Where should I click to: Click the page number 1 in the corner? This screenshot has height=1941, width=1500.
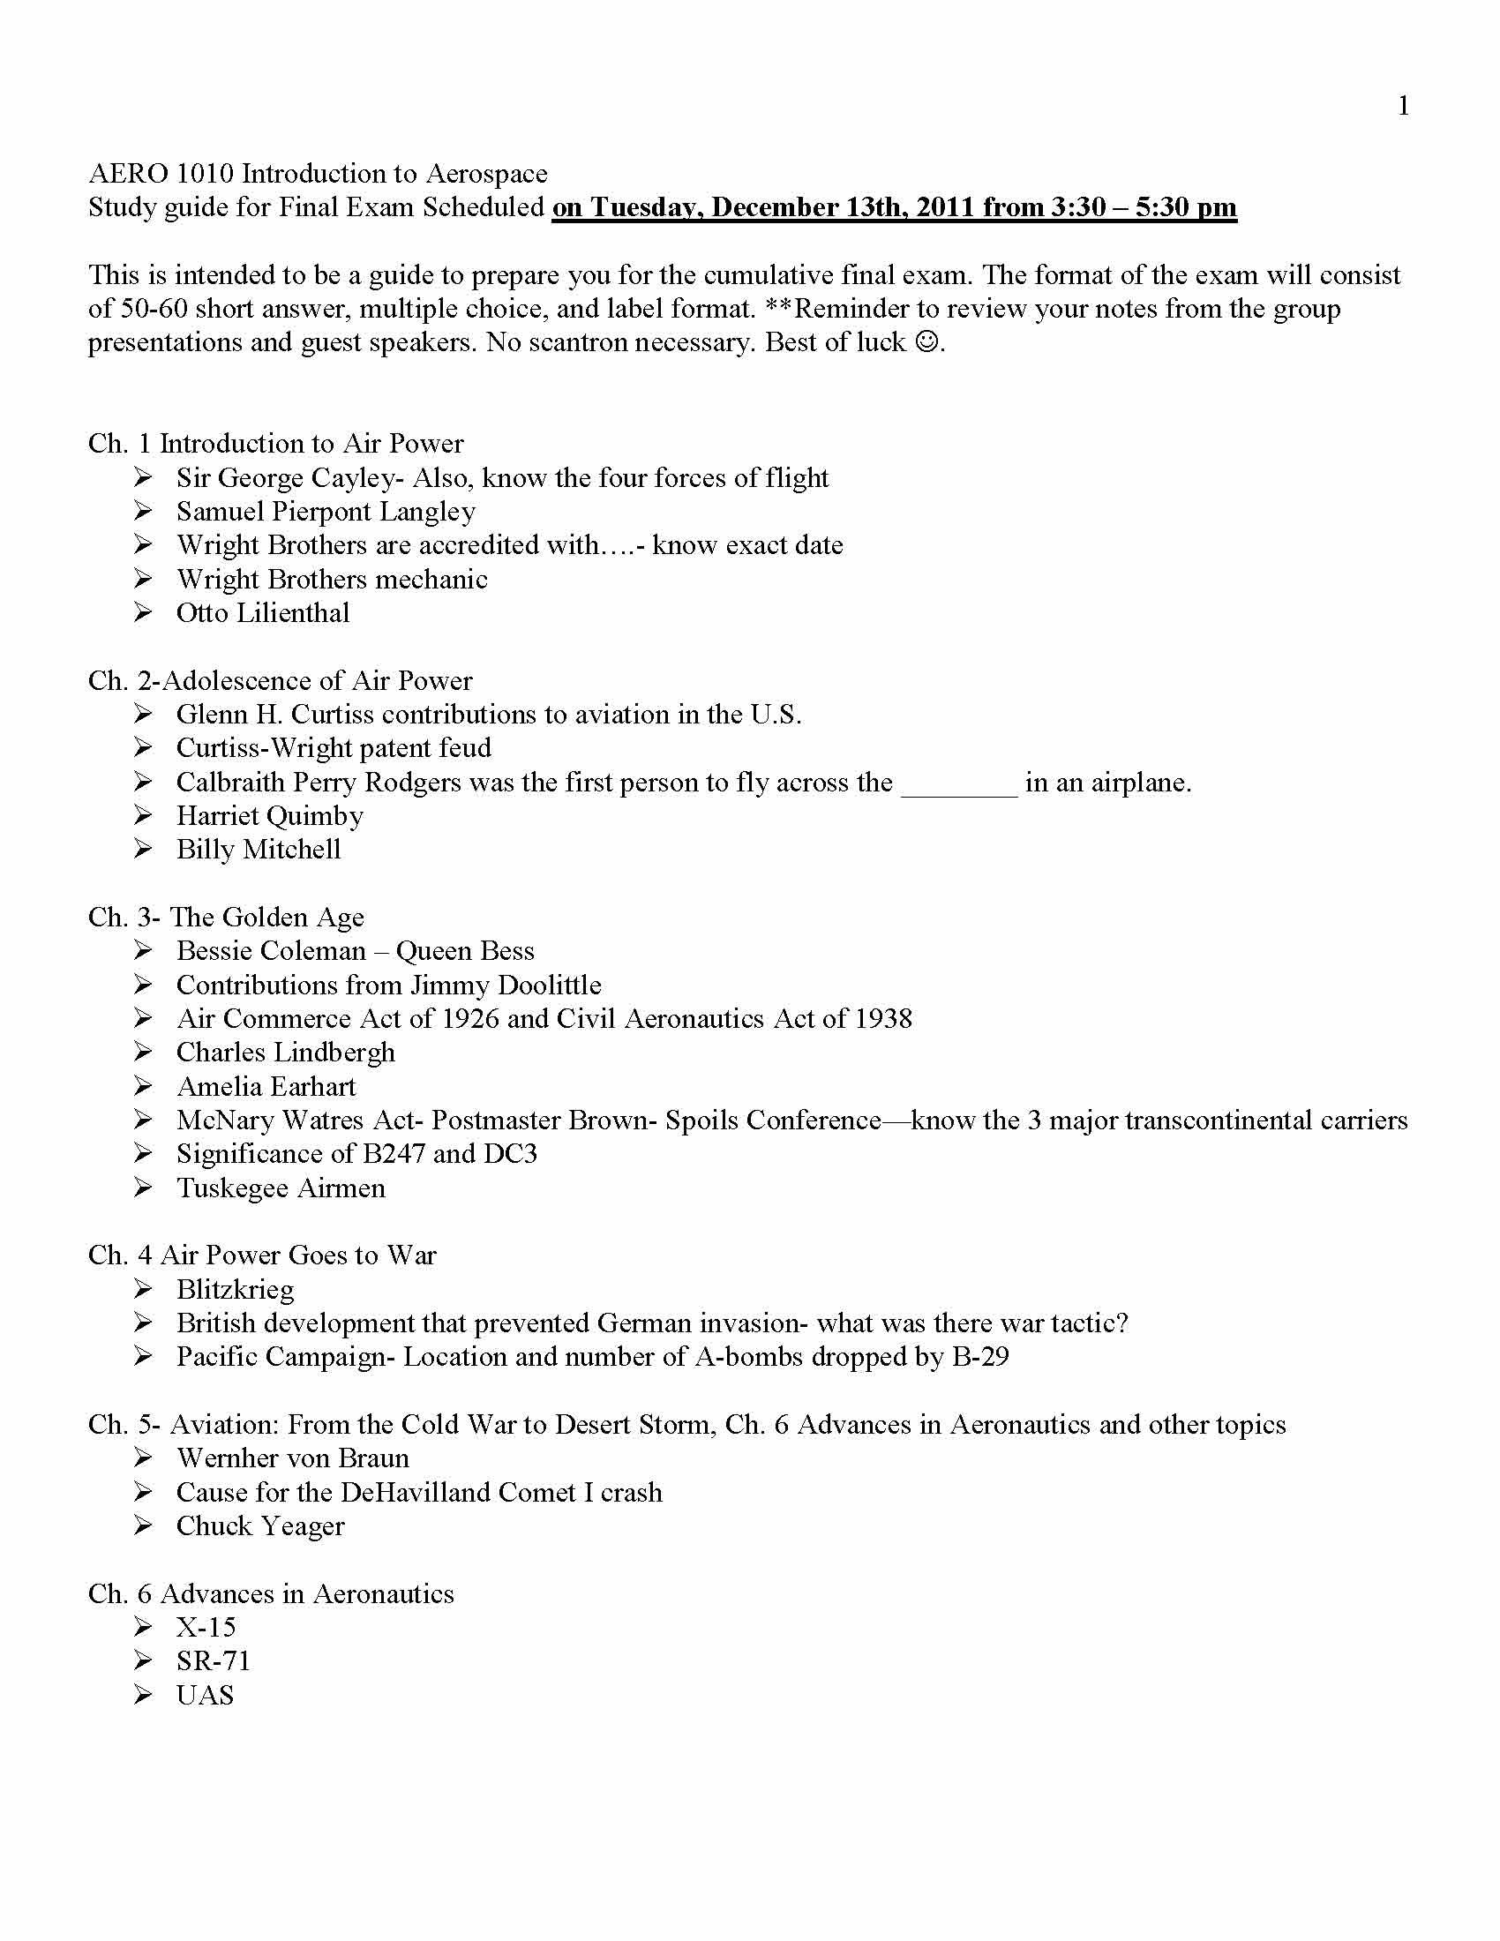point(1403,107)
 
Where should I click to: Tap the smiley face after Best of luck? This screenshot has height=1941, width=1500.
point(926,342)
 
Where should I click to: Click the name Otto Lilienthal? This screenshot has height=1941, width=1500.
point(262,613)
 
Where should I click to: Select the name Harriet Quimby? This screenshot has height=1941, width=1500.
point(269,816)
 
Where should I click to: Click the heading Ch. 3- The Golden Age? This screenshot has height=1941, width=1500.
point(226,918)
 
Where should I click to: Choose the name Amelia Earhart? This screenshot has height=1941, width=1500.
point(266,1087)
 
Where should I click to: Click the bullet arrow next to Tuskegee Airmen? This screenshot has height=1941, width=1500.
point(144,1188)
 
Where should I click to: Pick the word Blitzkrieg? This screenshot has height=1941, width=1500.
point(235,1290)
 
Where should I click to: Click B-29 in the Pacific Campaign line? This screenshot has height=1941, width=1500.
point(980,1357)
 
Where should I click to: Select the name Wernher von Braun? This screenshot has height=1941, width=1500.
point(292,1458)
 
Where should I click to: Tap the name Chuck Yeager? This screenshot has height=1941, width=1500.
point(259,1526)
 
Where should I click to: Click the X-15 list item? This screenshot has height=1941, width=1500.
point(206,1627)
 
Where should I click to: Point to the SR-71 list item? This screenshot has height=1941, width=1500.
point(214,1661)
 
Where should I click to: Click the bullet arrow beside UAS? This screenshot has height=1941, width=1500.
point(144,1695)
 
